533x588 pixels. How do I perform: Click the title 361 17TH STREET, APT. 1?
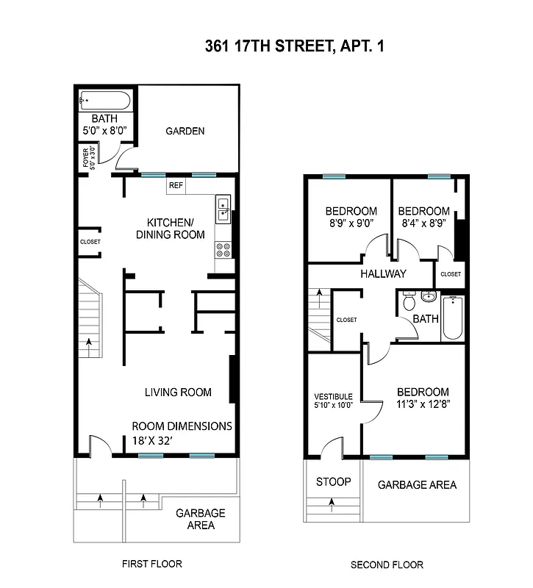click(294, 47)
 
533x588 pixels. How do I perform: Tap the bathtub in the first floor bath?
click(105, 101)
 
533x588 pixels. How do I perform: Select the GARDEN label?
click(185, 132)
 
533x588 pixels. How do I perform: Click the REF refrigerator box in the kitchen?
click(176, 186)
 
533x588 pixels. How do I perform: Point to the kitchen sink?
click(223, 209)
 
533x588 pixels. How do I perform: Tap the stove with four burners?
click(223, 250)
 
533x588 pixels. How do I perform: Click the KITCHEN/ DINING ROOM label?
click(170, 229)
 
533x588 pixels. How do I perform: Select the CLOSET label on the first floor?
click(90, 242)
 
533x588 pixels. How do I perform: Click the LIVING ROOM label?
click(178, 392)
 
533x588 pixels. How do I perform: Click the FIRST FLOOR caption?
click(151, 564)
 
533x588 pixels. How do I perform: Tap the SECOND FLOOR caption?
click(387, 565)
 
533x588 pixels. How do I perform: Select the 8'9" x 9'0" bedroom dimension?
click(351, 224)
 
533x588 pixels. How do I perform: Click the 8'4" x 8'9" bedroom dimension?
click(424, 224)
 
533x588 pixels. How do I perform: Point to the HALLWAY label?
click(383, 274)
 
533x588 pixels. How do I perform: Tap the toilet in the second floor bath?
click(410, 301)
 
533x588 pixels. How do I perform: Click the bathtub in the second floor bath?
click(452, 318)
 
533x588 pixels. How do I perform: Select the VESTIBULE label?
click(333, 397)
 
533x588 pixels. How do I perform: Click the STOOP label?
click(333, 482)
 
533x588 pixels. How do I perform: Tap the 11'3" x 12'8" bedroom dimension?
click(423, 404)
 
